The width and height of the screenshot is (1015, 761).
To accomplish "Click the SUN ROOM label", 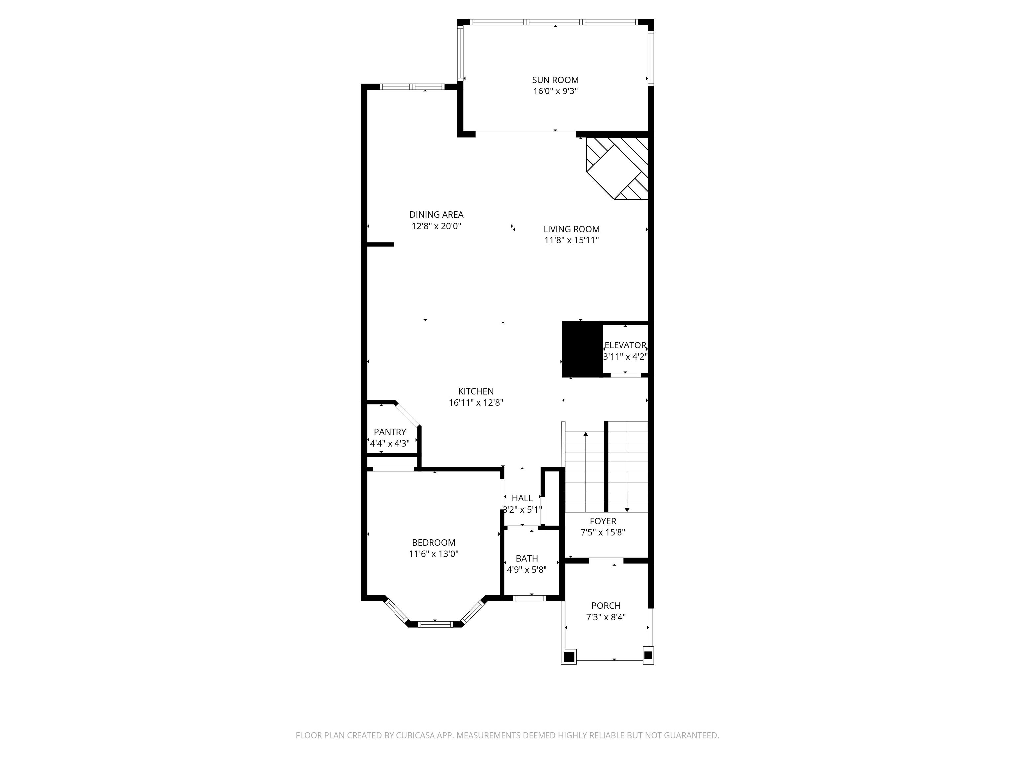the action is [555, 80].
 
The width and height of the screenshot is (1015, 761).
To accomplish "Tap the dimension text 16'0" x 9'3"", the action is [555, 91].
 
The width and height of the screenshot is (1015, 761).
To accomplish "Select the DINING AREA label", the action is [436, 215].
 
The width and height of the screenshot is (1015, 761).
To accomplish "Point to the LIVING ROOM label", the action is [572, 229].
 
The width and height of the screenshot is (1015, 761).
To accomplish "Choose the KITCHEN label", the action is [476, 391].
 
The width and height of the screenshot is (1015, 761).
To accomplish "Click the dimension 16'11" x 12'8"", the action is [476, 403].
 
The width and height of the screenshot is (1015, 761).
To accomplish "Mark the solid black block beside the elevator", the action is [582, 349].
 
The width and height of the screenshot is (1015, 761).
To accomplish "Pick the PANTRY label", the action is [390, 432].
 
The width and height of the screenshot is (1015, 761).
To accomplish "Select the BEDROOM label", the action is [433, 543].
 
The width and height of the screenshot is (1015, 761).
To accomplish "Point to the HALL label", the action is [522, 498].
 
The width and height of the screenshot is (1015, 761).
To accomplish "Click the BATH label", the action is [527, 558].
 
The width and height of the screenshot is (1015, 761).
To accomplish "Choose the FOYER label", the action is [603, 521].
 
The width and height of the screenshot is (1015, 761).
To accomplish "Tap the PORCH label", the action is [606, 605].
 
